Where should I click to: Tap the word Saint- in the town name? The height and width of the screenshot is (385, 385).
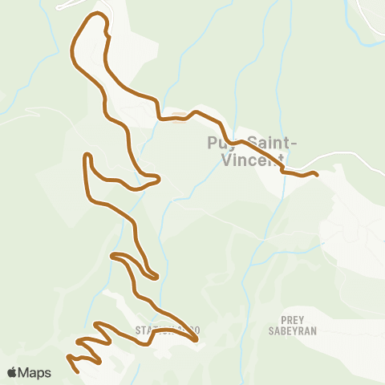(270, 144)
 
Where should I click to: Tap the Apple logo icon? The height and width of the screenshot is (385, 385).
(12, 372)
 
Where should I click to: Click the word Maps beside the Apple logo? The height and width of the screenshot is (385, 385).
(34, 372)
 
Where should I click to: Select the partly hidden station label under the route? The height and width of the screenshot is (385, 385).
(166, 330)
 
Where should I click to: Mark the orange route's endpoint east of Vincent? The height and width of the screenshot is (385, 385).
(317, 174)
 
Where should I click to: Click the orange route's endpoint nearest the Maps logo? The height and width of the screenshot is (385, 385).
(76, 371)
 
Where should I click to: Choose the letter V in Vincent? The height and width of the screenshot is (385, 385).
(225, 160)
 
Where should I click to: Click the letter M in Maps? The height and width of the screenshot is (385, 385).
(25, 372)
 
